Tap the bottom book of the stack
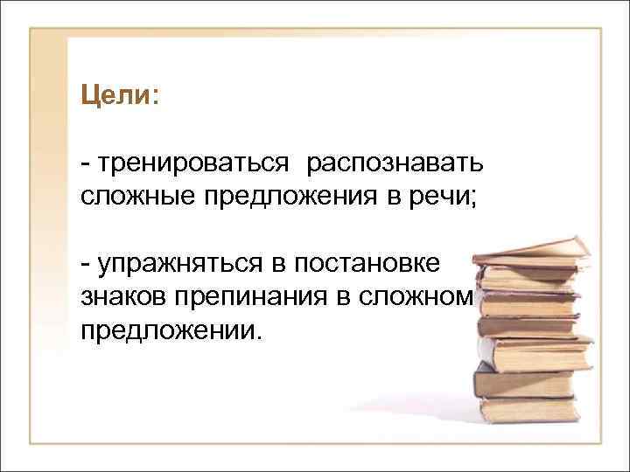point(529,407)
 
